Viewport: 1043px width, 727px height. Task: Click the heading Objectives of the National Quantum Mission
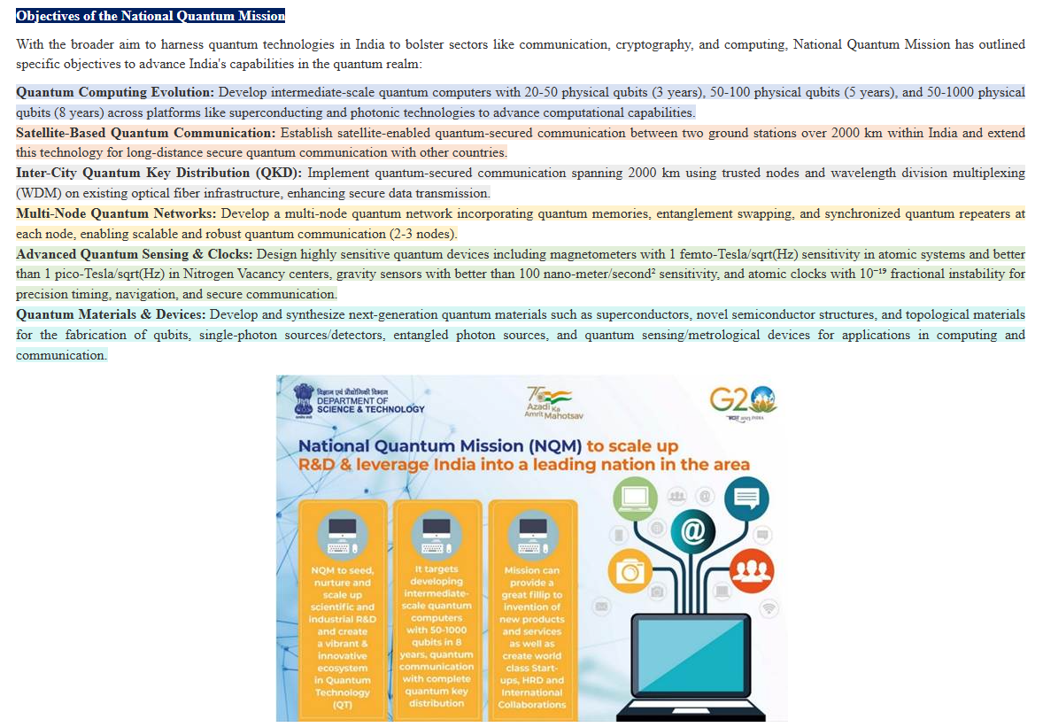point(151,16)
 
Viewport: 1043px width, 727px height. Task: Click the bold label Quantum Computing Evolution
point(115,92)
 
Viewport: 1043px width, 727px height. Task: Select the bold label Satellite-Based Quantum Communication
point(145,133)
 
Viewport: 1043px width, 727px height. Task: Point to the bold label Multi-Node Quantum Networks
point(116,213)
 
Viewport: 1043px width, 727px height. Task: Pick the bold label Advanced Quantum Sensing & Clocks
point(135,253)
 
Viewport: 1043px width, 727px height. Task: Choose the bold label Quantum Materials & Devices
point(111,314)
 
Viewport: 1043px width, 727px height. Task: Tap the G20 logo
point(744,400)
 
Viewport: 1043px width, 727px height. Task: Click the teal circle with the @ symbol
point(693,530)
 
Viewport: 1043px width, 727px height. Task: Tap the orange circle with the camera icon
point(631,570)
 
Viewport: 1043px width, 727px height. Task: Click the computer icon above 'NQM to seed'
point(343,532)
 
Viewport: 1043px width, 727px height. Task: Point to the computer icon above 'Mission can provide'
point(532,532)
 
